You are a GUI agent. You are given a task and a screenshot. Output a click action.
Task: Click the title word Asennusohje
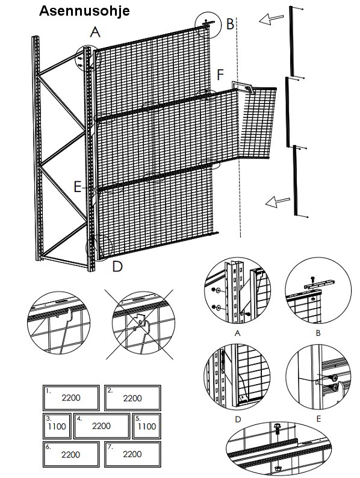click(84, 11)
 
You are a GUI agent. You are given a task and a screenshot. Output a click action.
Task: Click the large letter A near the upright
click(95, 32)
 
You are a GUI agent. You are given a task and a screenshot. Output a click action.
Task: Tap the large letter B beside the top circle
click(230, 24)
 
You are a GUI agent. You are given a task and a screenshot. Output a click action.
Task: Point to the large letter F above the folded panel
click(220, 75)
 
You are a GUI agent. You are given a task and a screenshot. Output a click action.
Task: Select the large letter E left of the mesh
click(78, 187)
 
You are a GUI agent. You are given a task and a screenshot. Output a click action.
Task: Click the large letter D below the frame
click(117, 267)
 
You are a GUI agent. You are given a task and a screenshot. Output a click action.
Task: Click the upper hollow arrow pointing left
click(271, 19)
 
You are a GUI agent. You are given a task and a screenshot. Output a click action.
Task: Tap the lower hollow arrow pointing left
click(278, 202)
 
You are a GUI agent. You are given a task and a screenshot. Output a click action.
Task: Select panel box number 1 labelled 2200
click(71, 398)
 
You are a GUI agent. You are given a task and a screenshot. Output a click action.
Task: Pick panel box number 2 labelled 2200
click(132, 398)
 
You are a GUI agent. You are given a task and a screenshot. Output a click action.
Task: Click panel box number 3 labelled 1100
click(57, 426)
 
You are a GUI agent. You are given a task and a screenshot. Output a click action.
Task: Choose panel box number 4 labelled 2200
click(102, 426)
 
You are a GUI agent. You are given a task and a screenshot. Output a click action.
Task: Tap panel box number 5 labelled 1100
click(147, 426)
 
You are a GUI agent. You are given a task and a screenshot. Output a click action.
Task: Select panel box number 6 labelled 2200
click(71, 455)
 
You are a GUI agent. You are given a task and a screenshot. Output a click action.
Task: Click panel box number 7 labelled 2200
click(132, 455)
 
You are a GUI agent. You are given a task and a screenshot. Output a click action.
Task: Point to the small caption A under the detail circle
click(237, 333)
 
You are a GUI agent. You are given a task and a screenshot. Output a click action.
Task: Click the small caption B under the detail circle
click(318, 333)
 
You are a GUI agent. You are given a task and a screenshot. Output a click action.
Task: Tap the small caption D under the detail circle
click(238, 420)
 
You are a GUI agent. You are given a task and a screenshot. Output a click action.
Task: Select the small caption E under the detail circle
click(318, 419)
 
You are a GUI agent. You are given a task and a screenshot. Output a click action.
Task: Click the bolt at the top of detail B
click(312, 279)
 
